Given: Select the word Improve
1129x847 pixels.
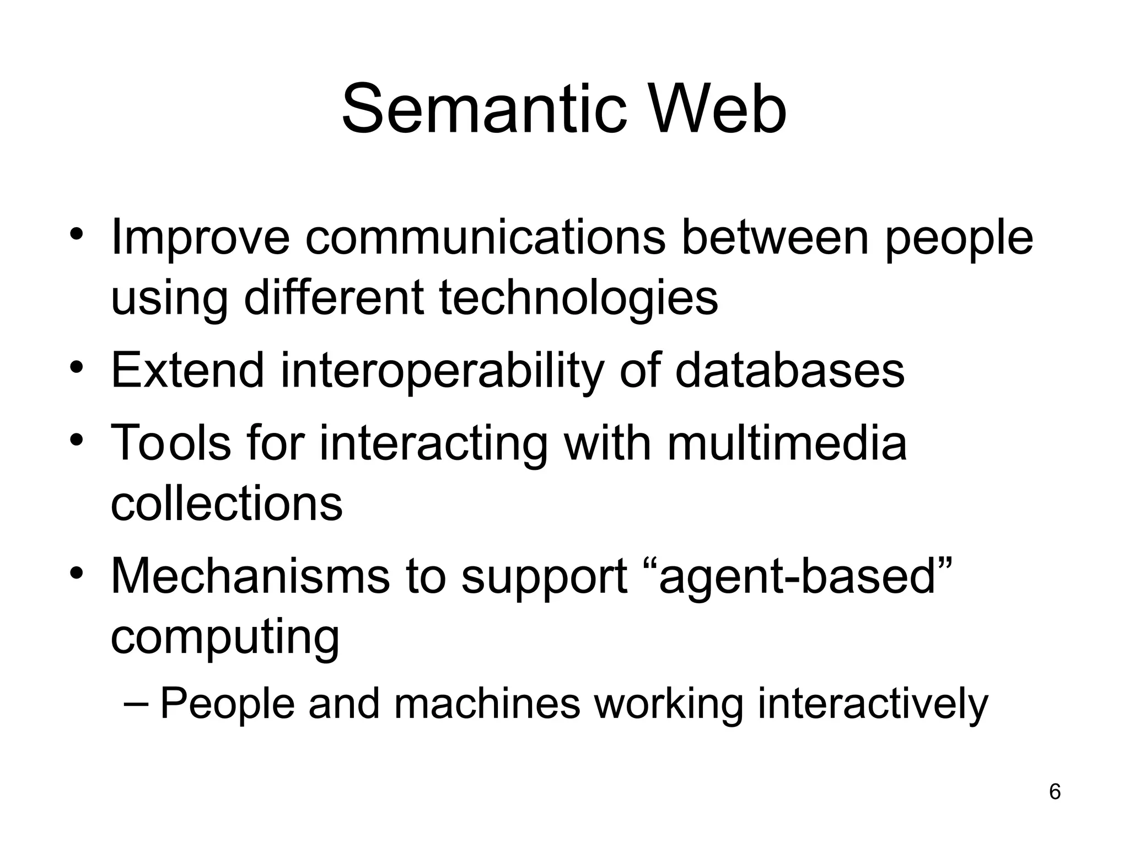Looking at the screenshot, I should pos(200,238).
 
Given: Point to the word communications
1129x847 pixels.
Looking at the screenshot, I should pos(485,238).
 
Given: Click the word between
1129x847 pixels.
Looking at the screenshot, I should pos(775,238).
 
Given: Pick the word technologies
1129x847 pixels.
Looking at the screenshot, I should pos(578,298).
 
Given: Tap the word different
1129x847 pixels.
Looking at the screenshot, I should pos(334,298).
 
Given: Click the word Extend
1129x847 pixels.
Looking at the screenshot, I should pos(188,370).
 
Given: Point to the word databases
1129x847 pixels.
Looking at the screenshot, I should pos(789,370).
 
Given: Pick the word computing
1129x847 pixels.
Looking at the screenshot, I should pos(225,637).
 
